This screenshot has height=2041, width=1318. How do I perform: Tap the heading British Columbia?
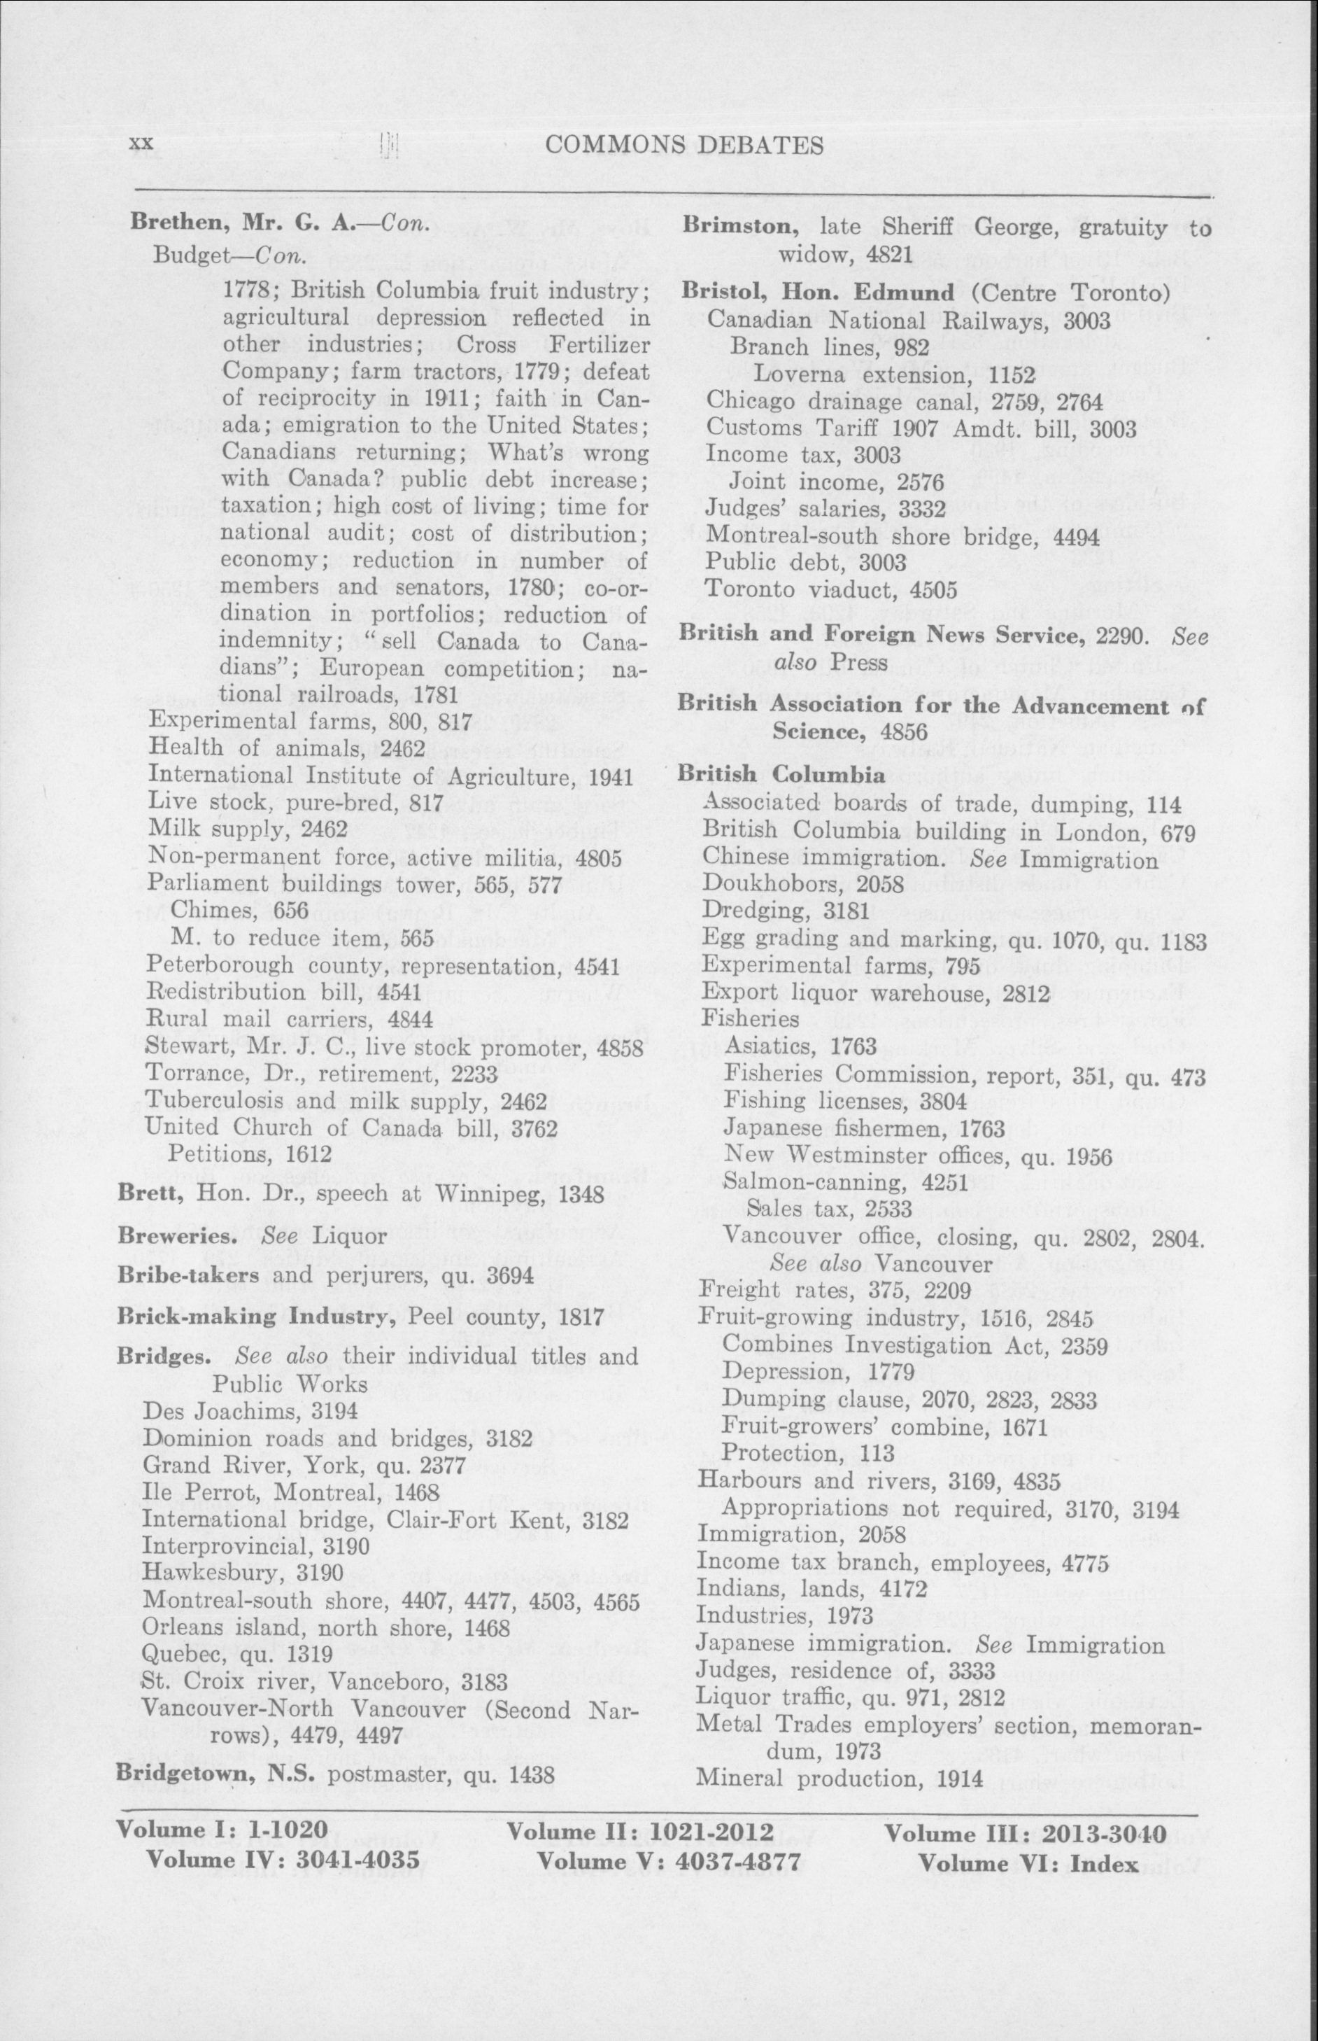[781, 774]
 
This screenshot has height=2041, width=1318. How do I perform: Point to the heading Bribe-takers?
[187, 1275]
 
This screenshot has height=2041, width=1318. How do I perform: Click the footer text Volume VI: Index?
[1028, 1860]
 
